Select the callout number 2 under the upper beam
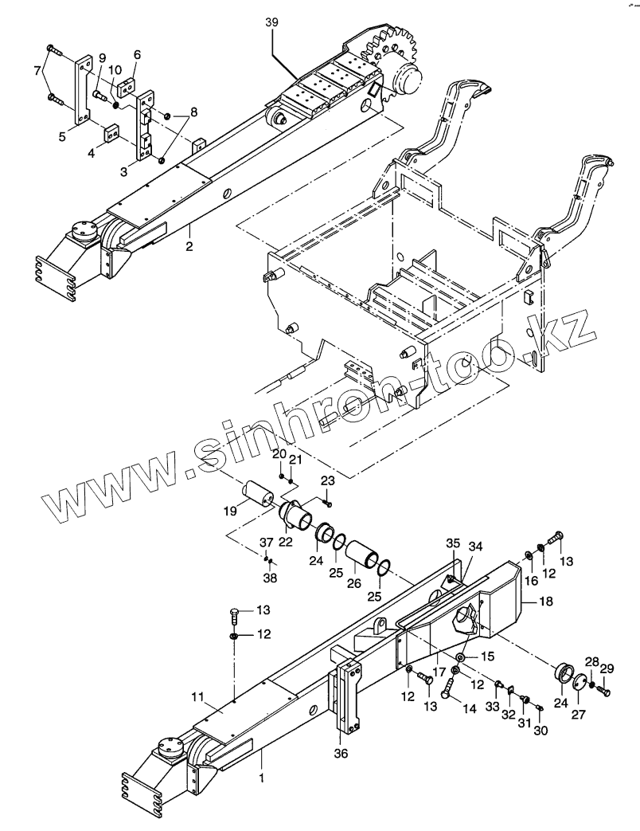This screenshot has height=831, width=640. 189,246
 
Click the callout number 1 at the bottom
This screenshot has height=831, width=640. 262,773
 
